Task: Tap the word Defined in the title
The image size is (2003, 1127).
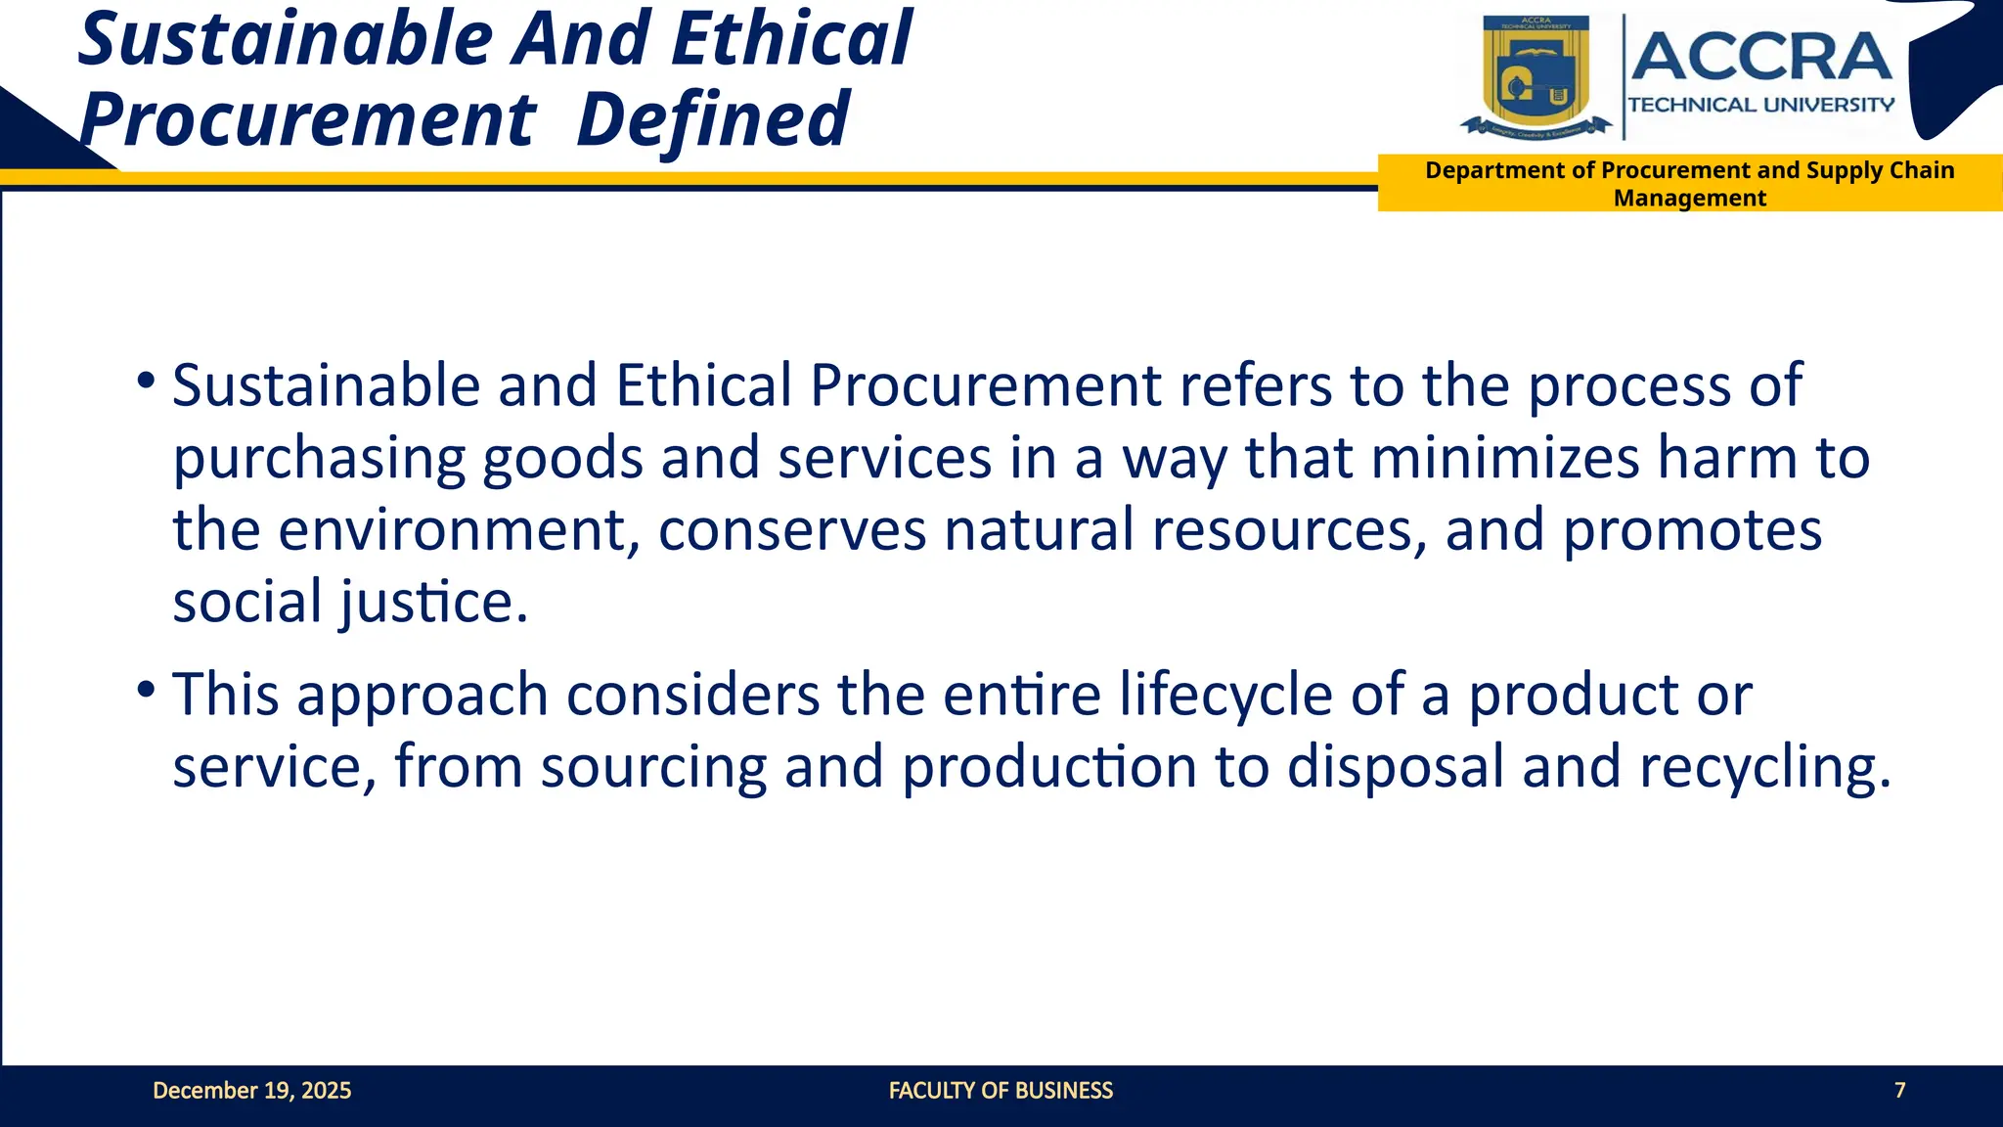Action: coord(713,119)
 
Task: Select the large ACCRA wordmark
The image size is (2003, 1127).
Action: coord(1760,57)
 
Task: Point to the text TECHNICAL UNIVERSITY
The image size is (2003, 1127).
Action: coord(1760,105)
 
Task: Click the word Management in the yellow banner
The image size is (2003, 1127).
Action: coord(1689,199)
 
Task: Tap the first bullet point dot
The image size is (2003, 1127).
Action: coord(146,380)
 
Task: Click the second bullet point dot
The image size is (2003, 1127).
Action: coord(146,690)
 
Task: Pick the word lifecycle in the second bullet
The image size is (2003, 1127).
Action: coord(1225,696)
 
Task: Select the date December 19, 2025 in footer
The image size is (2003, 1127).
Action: coord(251,1091)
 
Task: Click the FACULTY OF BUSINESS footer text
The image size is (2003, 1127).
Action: coord(1001,1091)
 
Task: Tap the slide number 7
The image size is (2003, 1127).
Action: coord(1899,1091)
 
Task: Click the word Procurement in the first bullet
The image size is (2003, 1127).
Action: coord(985,386)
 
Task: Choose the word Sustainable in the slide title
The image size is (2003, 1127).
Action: coord(287,39)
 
